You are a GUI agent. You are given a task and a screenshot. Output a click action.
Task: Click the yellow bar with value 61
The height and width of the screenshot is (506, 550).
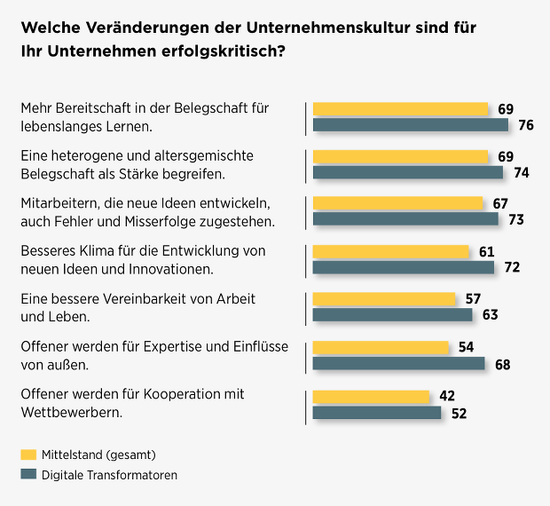[x=391, y=251]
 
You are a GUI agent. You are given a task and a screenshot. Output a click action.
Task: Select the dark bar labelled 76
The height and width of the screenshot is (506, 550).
[x=411, y=125]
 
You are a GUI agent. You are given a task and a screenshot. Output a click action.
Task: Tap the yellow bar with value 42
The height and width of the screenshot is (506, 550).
[x=371, y=396]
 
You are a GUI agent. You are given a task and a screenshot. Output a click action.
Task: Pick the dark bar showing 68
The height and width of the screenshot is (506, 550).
[x=399, y=362]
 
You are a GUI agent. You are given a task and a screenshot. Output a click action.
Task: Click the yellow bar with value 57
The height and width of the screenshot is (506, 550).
[x=384, y=299]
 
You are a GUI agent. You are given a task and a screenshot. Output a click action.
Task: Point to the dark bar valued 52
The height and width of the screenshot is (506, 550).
[x=377, y=412]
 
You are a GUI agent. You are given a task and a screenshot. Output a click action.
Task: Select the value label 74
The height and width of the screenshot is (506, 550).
[x=521, y=172]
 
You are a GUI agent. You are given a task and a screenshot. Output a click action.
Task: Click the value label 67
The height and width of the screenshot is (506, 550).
[x=499, y=203]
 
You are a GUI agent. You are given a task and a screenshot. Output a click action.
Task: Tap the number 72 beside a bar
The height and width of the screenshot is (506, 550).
[x=511, y=267]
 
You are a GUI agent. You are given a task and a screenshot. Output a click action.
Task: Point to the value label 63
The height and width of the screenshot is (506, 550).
[x=491, y=315]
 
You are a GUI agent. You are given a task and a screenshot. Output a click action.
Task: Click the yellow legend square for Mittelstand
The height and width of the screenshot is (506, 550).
[x=27, y=455]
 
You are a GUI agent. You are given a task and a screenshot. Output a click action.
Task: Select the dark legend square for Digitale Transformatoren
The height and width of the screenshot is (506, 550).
[x=27, y=475]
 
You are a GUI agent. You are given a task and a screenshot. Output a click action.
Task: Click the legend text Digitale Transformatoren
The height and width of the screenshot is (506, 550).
[x=109, y=475]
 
